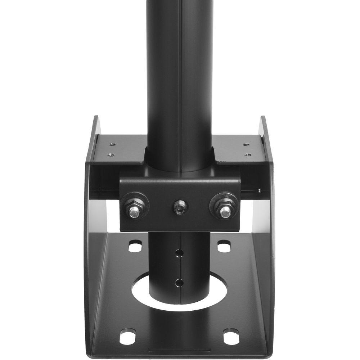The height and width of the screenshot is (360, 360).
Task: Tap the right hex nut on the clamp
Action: coord(225,208)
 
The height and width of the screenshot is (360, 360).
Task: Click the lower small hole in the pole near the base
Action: coord(178,282)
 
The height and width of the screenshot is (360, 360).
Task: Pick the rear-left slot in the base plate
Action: coord(135,247)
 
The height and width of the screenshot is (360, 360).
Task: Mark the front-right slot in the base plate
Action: coord(231,337)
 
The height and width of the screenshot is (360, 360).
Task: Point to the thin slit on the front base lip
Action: coord(179,350)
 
